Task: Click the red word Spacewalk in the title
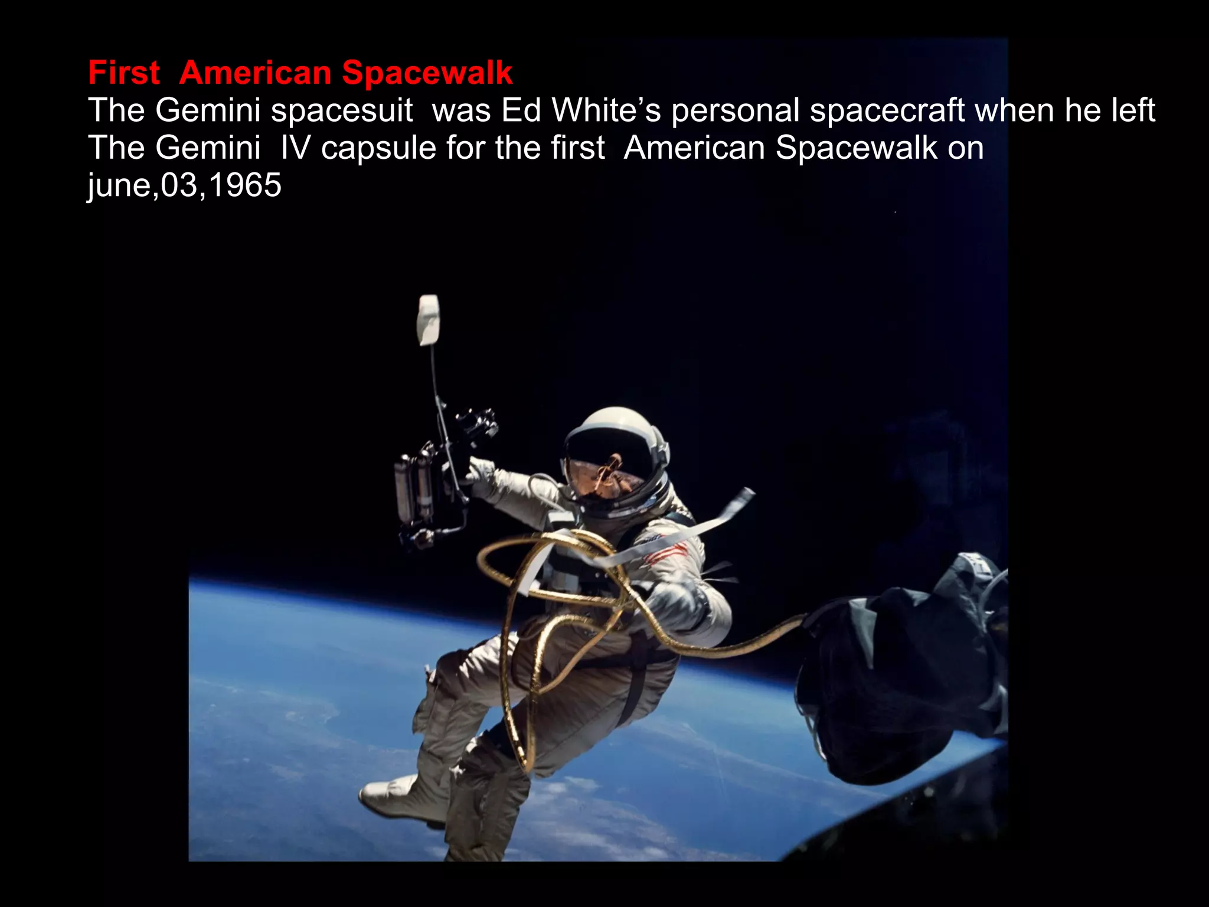427,73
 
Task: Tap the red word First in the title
123,73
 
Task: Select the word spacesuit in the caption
342,110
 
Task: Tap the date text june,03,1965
184,185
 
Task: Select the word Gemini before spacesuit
207,110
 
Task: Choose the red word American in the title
255,73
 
